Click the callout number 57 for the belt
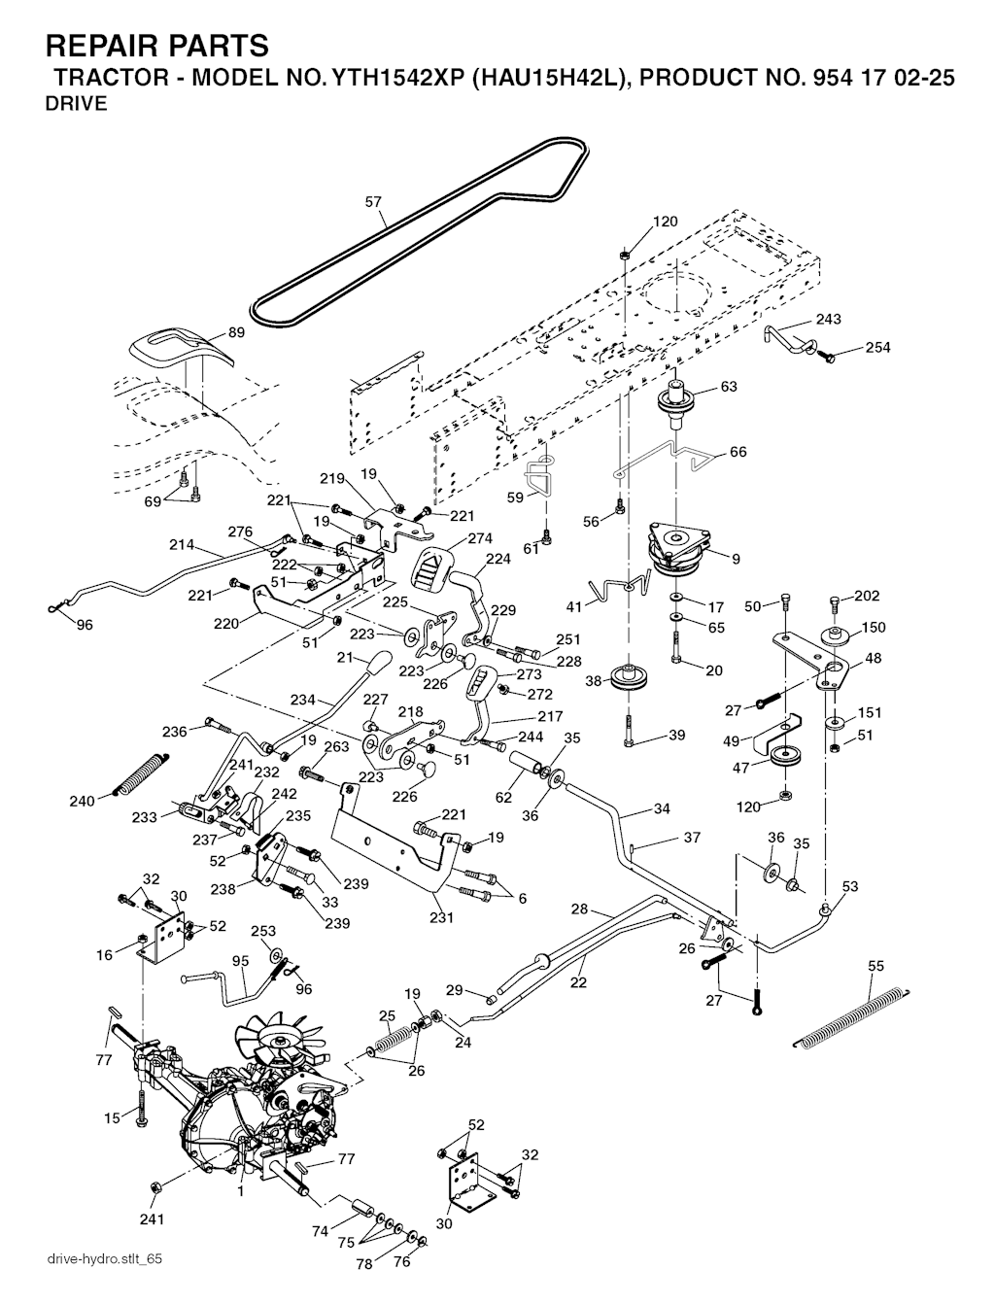tap(373, 202)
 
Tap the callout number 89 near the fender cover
tap(236, 332)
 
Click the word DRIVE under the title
tap(76, 105)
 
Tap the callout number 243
tap(828, 319)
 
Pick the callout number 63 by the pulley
tap(729, 387)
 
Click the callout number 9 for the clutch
tap(736, 559)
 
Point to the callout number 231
tap(442, 916)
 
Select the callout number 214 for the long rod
tap(182, 545)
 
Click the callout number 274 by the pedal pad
tap(480, 538)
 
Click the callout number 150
tap(874, 627)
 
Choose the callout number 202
tap(867, 596)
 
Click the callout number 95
tap(240, 961)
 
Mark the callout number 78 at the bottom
tap(364, 1264)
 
